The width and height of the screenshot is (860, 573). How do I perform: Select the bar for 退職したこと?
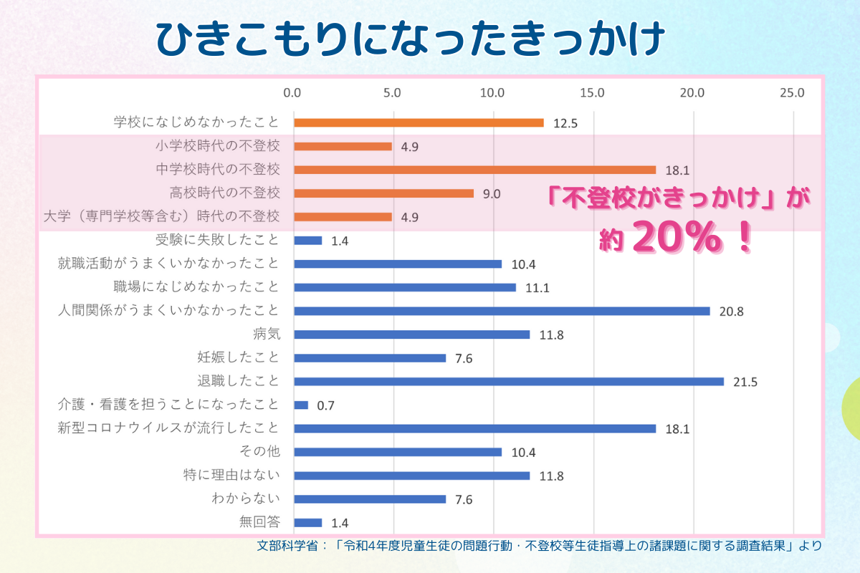(x=509, y=382)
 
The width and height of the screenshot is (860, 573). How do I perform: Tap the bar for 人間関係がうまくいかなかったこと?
(x=502, y=311)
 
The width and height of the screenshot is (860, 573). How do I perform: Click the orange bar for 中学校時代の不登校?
(x=474, y=170)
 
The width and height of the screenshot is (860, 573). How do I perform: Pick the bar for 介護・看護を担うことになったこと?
(x=301, y=405)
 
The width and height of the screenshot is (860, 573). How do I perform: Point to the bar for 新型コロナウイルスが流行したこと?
(x=474, y=429)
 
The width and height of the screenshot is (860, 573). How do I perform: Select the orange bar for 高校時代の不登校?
(x=383, y=193)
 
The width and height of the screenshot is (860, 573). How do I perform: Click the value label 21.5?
(x=745, y=382)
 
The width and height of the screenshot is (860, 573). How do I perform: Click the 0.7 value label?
(x=326, y=406)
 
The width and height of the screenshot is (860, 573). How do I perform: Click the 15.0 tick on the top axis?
(x=593, y=93)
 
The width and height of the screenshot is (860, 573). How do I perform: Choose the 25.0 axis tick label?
(x=792, y=93)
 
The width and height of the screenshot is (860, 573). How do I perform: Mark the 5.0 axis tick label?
(x=392, y=93)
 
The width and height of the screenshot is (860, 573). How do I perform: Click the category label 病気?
(x=266, y=334)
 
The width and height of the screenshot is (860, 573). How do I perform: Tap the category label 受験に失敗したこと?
(x=217, y=240)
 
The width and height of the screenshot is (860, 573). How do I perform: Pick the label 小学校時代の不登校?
(x=217, y=146)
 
